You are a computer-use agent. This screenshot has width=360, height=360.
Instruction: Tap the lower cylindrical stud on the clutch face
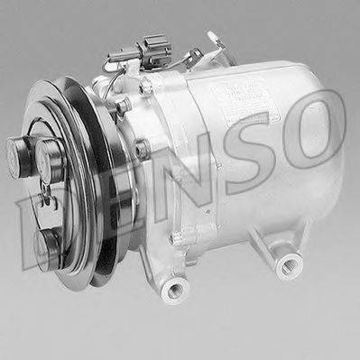(48, 241)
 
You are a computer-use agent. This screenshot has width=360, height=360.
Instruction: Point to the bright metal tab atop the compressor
(216, 40)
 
